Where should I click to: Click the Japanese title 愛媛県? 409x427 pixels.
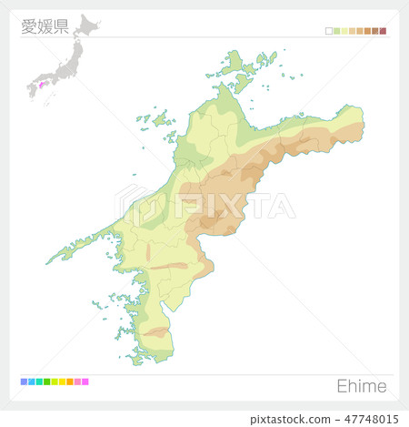[x=45, y=25]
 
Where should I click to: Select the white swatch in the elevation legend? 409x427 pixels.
[x=329, y=31]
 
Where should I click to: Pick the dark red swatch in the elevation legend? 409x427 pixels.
[x=384, y=31]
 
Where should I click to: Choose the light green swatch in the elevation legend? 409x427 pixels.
[x=336, y=31]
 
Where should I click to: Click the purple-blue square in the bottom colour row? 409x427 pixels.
[x=24, y=381]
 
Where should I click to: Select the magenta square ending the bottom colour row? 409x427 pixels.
[x=85, y=381]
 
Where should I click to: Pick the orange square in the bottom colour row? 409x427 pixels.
[x=70, y=381]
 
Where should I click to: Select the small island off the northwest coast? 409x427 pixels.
[x=162, y=119]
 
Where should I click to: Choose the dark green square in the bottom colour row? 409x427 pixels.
[x=46, y=381]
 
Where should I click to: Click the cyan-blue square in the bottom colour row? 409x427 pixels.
[x=31, y=381]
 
